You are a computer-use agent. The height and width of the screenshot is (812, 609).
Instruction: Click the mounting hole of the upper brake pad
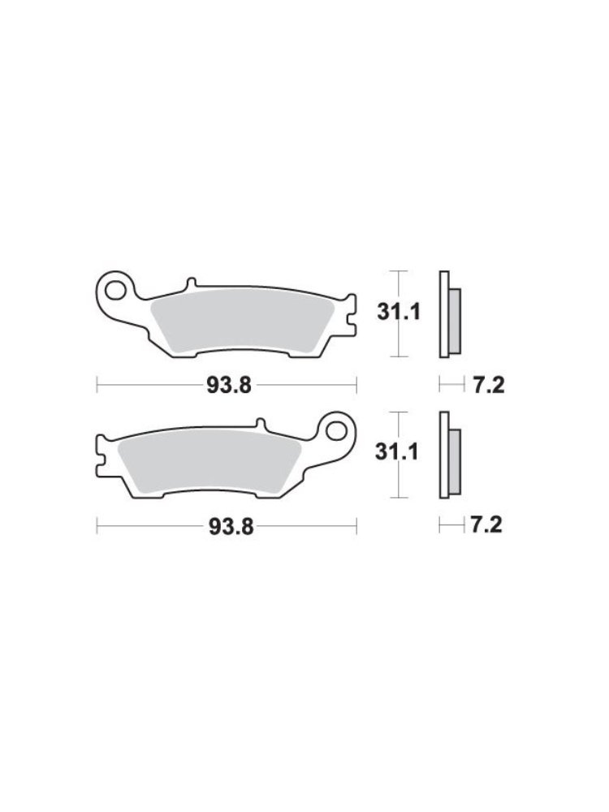pos(114,291)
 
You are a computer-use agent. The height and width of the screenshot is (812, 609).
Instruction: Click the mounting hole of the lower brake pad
pos(338,430)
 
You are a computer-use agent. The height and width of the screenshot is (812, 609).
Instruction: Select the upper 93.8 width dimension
pos(229,385)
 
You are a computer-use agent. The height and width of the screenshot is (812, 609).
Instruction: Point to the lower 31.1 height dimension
pos(397,452)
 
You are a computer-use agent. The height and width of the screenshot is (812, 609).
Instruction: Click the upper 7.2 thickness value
pos(488,385)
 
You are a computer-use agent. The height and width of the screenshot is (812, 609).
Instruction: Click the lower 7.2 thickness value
pos(486,525)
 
